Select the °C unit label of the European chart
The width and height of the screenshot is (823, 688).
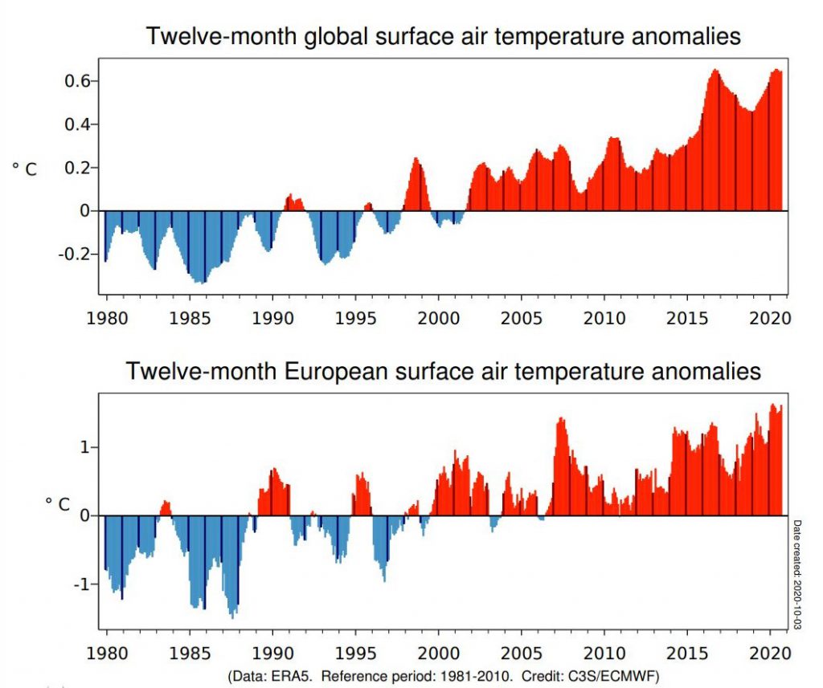pos(57,504)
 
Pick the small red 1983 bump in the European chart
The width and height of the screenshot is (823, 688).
pos(166,508)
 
